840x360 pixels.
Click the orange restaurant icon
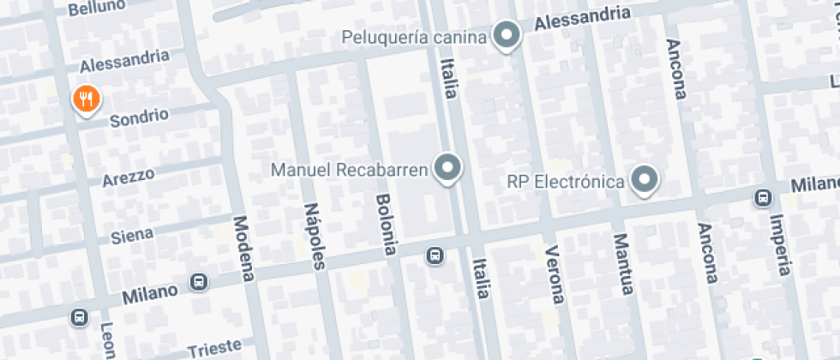click(x=86, y=99)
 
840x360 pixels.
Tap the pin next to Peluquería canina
click(x=509, y=36)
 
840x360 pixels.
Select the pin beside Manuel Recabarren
click(x=447, y=168)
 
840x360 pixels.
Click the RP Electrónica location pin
click(x=644, y=180)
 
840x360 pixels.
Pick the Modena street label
click(x=244, y=248)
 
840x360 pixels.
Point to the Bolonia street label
click(x=386, y=224)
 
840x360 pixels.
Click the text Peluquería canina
click(x=414, y=38)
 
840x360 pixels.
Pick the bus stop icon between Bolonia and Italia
click(x=435, y=255)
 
